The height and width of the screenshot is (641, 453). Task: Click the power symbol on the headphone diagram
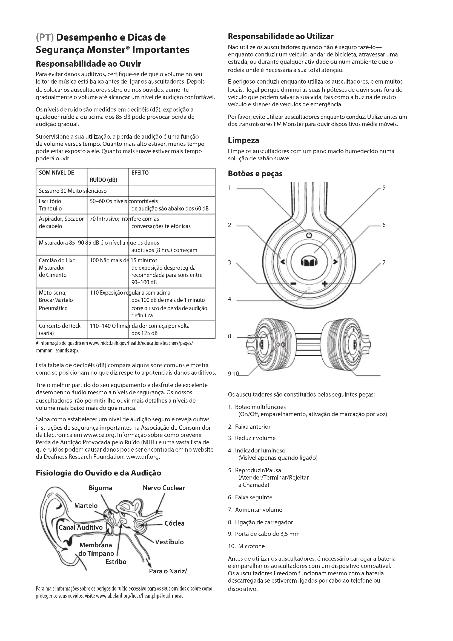(309, 235)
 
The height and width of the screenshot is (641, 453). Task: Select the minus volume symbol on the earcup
(293, 284)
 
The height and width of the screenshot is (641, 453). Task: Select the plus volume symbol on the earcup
(324, 284)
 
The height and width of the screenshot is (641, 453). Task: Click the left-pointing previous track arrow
(282, 262)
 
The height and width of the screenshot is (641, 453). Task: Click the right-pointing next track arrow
(335, 262)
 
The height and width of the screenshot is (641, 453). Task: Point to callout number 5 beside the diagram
(384, 188)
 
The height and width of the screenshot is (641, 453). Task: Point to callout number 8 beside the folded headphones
(230, 336)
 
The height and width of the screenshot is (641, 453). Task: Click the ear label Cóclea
(174, 523)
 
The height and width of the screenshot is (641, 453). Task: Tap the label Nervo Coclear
(164, 488)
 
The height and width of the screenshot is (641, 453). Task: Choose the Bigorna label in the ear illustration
(101, 488)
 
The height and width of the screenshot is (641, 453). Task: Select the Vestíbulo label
(169, 542)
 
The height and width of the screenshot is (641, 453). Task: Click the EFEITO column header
(140, 173)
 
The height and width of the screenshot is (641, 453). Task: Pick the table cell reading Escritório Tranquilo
(50, 205)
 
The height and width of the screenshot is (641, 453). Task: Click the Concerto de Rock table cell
(59, 329)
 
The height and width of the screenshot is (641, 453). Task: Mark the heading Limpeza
(243, 140)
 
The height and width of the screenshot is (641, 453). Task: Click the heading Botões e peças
(255, 174)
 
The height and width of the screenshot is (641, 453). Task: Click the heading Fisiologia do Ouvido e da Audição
(99, 473)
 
